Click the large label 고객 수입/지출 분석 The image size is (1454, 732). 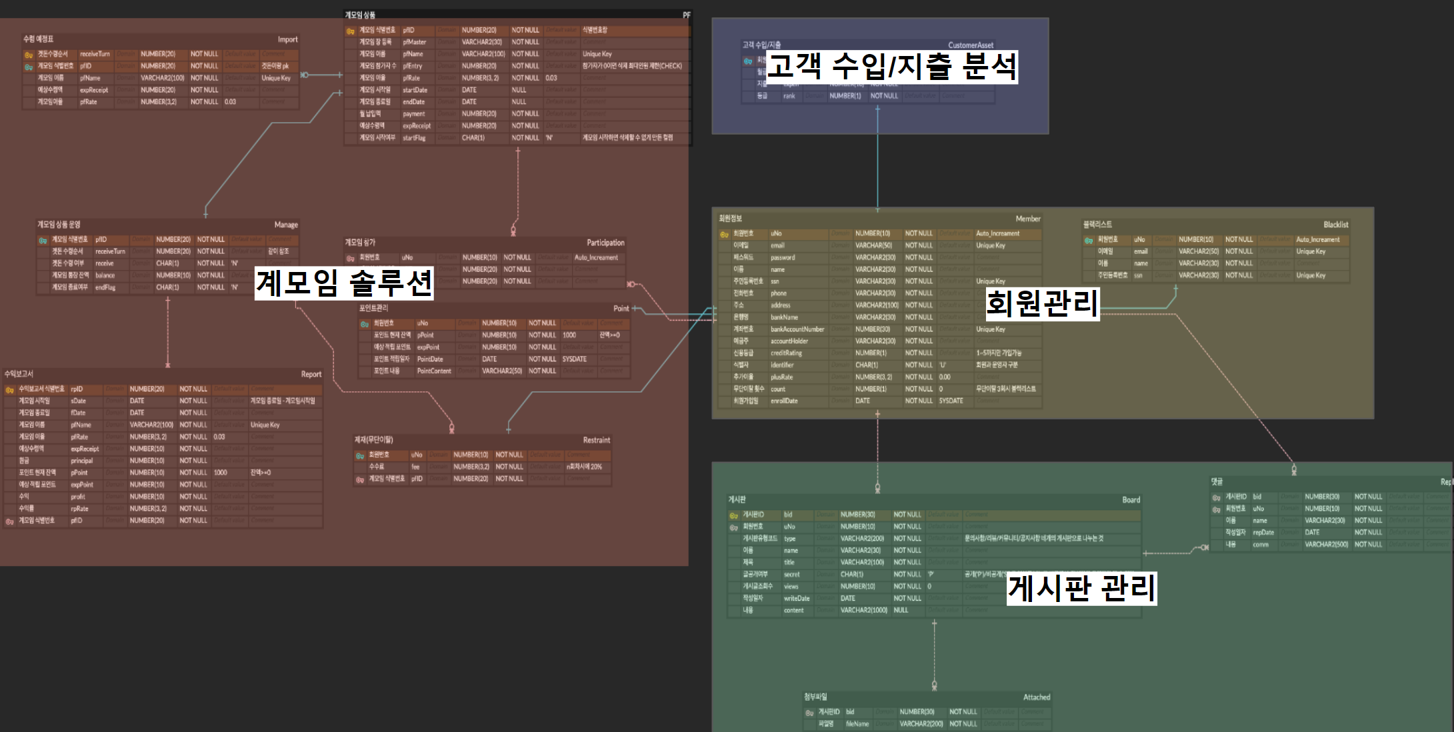coord(891,67)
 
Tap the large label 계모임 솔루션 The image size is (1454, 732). coord(344,283)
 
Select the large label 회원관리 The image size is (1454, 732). coord(1041,303)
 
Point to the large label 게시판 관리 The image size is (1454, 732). coord(1081,588)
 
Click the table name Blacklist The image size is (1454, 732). coord(1335,225)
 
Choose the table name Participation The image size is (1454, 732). coord(605,243)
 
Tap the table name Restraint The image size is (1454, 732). coord(596,440)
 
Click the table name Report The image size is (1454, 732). coord(311,374)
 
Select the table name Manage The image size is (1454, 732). coord(286,225)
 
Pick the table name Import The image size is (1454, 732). coord(287,39)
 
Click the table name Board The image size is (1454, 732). coord(1131,499)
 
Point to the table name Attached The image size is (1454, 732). coord(1036,697)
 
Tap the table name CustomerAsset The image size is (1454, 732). coord(970,45)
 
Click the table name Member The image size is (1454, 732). coord(1027,219)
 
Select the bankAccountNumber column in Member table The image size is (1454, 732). coord(797,329)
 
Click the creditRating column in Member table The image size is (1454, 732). coord(786,353)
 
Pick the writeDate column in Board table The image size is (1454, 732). coord(796,598)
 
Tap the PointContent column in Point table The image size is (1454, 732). coord(434,371)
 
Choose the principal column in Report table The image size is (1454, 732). coord(82,461)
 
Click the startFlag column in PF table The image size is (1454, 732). coord(414,138)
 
